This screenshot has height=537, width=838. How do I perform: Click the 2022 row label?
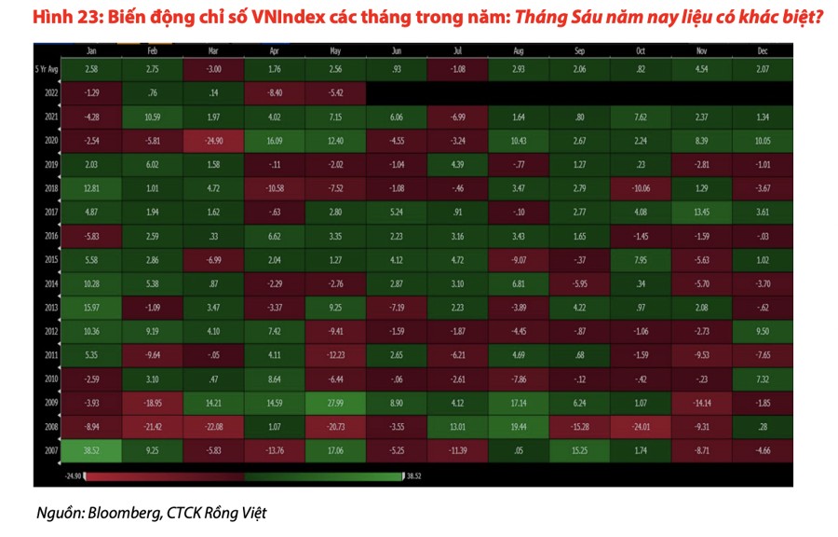click(51, 93)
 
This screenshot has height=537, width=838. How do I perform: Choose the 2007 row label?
click(51, 449)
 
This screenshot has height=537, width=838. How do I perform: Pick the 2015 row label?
click(51, 259)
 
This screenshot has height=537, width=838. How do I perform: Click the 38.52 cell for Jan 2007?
click(90, 449)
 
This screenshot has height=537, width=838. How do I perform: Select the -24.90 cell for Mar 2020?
click(213, 141)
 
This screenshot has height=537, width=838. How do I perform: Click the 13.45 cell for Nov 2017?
click(701, 212)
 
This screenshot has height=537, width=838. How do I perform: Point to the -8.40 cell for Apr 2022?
click(274, 93)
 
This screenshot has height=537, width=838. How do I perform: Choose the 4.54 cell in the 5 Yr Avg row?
click(701, 70)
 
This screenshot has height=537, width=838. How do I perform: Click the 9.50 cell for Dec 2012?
click(762, 331)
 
